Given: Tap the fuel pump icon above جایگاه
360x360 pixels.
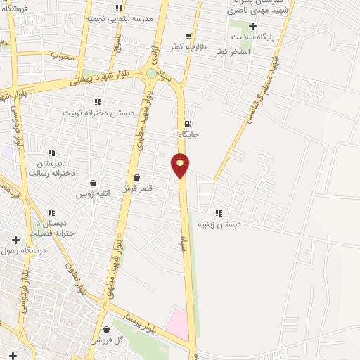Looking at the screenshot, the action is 187,124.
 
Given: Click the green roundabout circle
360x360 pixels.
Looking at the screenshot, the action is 152,73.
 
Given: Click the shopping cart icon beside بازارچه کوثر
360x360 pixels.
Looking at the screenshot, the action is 188,36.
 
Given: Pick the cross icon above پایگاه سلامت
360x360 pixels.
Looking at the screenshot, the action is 252,26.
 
